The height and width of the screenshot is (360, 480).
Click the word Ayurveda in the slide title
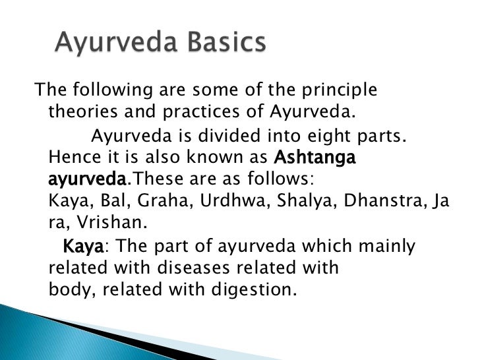point(105,44)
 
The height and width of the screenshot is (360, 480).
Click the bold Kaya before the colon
point(82,247)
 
